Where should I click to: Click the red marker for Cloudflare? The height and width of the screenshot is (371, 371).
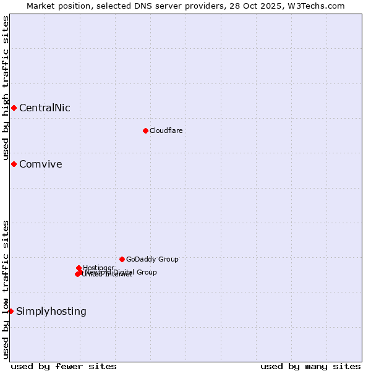[145, 130]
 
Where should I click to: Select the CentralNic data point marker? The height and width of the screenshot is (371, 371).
[14, 108]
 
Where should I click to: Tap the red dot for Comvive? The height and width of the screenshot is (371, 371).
[14, 164]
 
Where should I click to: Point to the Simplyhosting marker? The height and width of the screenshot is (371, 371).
[11, 311]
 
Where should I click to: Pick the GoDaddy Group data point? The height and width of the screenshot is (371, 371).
[122, 259]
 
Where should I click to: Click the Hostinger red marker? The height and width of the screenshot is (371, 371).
[79, 268]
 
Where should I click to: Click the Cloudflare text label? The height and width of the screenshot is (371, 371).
[166, 130]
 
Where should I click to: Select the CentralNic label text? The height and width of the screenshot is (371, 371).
[45, 108]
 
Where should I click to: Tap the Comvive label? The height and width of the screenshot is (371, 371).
[40, 164]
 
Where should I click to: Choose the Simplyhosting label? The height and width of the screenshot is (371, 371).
[51, 312]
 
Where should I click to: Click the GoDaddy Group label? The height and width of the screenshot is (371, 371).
[152, 260]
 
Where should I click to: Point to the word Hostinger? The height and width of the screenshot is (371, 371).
[98, 268]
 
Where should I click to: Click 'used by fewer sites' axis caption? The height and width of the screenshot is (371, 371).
[64, 366]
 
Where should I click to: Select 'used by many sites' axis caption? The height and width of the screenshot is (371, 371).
[310, 366]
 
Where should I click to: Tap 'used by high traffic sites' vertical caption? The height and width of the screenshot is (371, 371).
[6, 88]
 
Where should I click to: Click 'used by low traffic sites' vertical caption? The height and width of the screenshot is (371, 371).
[6, 289]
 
